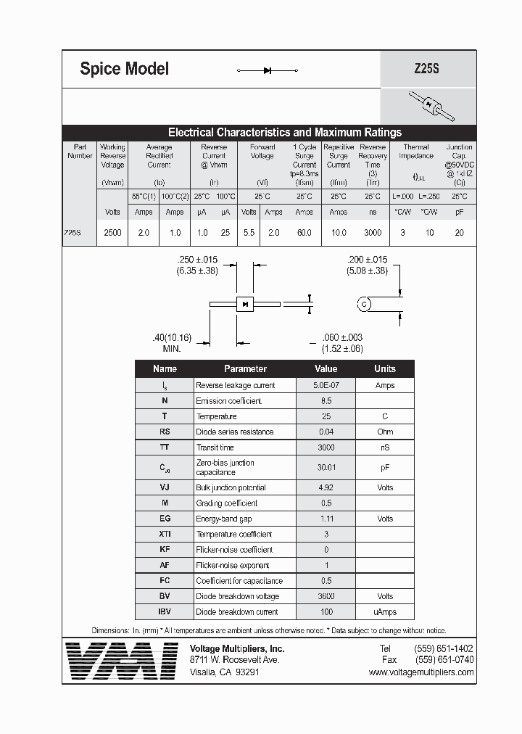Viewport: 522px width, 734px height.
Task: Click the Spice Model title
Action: click(x=124, y=69)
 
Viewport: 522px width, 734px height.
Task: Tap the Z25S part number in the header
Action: click(x=426, y=70)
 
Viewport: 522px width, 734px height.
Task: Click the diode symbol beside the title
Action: click(x=268, y=70)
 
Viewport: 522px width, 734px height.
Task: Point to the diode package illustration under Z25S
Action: click(x=431, y=106)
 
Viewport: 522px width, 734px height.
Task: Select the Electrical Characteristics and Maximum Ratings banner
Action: click(x=284, y=133)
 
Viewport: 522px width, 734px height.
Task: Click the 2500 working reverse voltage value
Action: click(x=112, y=233)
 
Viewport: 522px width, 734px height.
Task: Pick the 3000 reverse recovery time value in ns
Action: click(x=373, y=233)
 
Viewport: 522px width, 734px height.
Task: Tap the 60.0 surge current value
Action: click(x=304, y=233)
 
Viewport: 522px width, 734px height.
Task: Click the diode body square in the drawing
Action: click(x=245, y=303)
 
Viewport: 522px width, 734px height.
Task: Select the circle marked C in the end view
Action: click(x=364, y=304)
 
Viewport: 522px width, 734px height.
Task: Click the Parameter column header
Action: click(x=245, y=368)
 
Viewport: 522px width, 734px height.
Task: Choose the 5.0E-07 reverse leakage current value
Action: click(x=326, y=385)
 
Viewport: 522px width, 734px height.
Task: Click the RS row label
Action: click(x=165, y=432)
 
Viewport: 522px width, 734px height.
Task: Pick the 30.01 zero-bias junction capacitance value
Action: click(x=326, y=468)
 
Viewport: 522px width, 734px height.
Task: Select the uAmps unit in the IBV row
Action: click(x=384, y=612)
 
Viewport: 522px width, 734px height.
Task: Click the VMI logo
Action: click(x=121, y=660)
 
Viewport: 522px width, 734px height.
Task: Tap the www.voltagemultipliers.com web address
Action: click(x=421, y=672)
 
